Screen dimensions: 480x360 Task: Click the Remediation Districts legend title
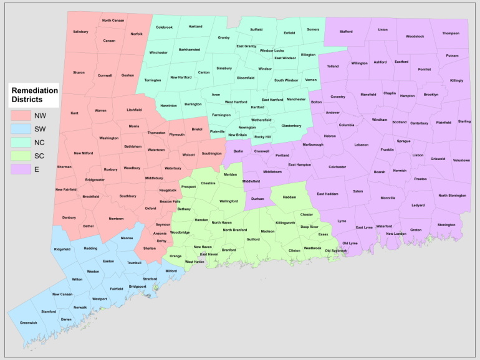coord(34,95)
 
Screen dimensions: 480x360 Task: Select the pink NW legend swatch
coord(21,115)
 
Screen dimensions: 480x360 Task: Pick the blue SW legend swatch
coord(21,129)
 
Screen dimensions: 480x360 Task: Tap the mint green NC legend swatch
coord(21,143)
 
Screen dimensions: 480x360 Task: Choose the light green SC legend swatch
coord(21,156)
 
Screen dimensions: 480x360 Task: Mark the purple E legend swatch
coord(21,170)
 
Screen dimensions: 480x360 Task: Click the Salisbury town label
coord(80,31)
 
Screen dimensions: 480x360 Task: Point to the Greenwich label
coord(29,323)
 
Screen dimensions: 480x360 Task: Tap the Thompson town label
coord(451,33)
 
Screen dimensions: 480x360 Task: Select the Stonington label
coord(446,224)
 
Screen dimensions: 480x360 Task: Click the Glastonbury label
coord(291,126)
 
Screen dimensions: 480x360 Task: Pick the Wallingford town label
coord(228,201)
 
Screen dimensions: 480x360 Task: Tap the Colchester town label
coord(337,167)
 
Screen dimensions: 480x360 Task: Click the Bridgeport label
coord(138,287)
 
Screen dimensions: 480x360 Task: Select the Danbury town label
coord(69,217)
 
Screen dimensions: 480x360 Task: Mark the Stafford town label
coord(346,31)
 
